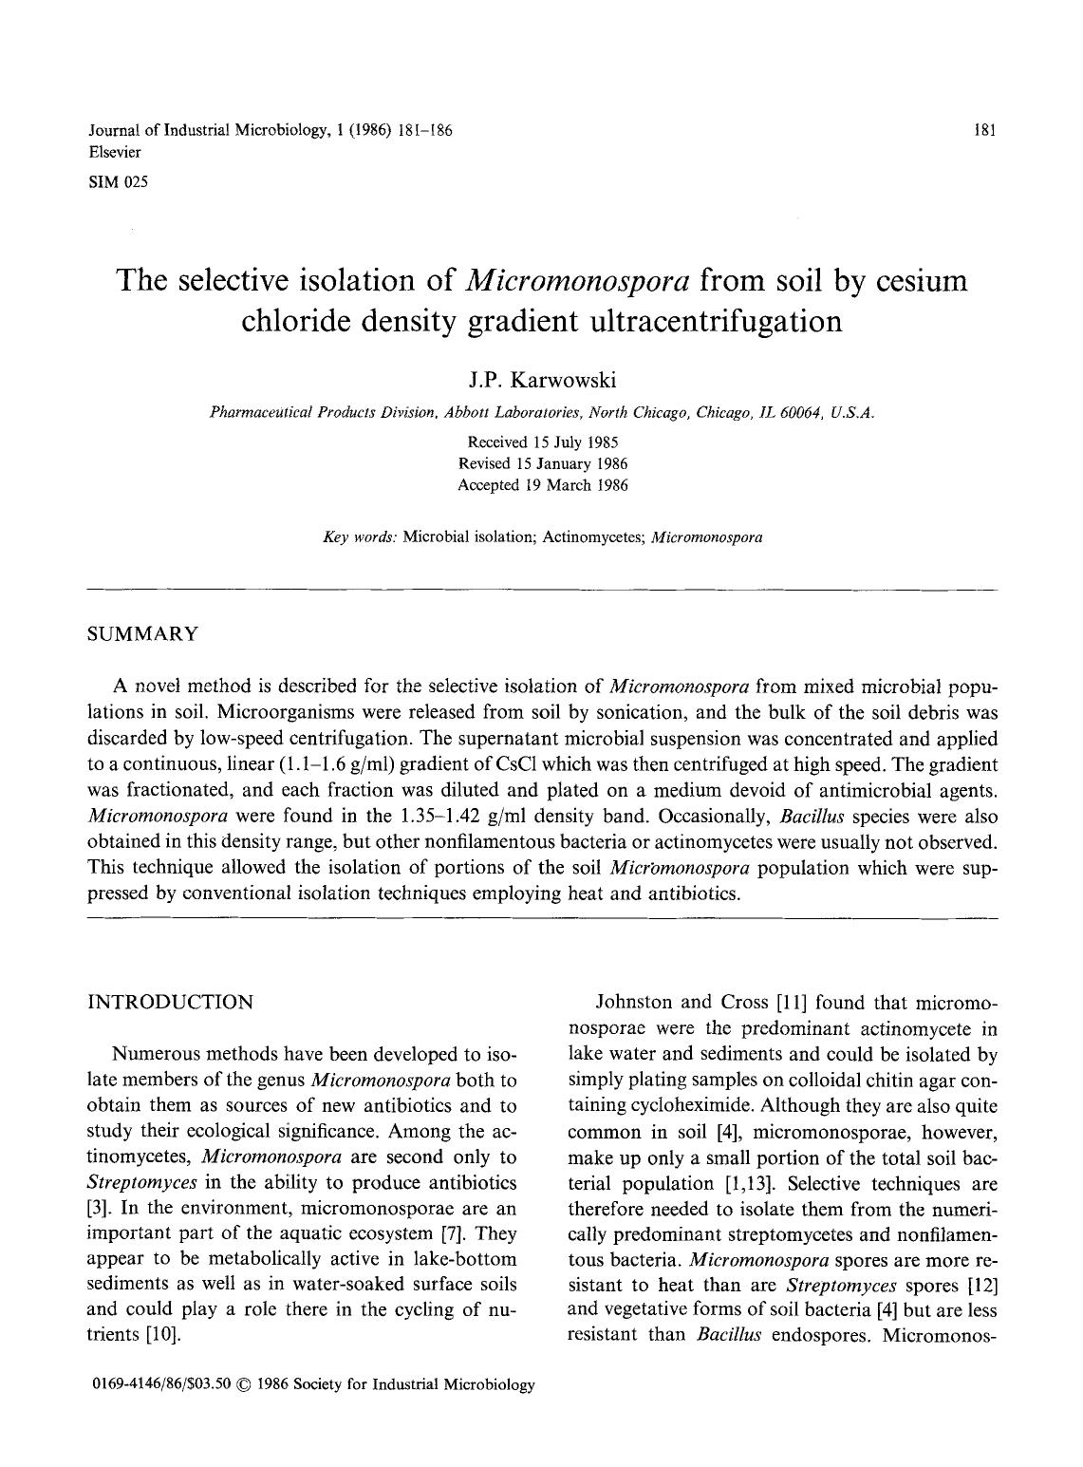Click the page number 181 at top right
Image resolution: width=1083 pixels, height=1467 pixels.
coord(984,131)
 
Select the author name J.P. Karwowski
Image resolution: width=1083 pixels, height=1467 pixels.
coord(542,381)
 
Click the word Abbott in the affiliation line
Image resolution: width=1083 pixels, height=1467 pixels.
coord(472,413)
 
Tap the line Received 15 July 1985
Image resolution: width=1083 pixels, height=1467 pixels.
coord(542,442)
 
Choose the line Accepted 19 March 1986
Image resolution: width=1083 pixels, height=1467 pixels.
coord(542,484)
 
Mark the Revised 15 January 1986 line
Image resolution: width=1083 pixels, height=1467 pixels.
coord(542,463)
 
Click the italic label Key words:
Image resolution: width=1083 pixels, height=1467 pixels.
coord(361,537)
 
